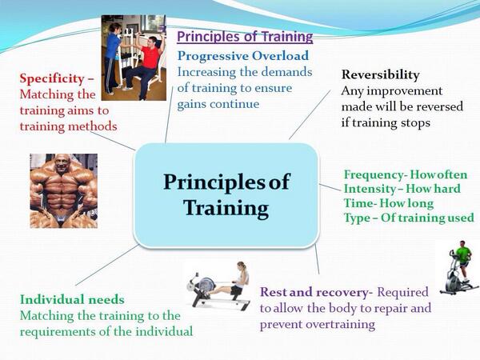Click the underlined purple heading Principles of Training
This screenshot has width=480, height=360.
(245, 37)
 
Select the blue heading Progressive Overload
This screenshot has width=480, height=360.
(243, 56)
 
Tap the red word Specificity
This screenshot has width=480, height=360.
(52, 79)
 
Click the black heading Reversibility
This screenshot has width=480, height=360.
(381, 75)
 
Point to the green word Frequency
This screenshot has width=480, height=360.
(373, 175)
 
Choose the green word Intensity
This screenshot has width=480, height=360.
(370, 189)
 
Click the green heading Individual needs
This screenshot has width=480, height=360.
(72, 299)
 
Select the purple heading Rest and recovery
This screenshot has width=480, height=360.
(314, 292)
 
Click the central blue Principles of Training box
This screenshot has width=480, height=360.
(226, 194)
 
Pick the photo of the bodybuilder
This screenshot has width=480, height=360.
(64, 190)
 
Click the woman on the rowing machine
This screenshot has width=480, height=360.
(238, 282)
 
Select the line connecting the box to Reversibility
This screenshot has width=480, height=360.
(310, 114)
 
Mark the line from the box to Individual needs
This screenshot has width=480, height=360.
(106, 265)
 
